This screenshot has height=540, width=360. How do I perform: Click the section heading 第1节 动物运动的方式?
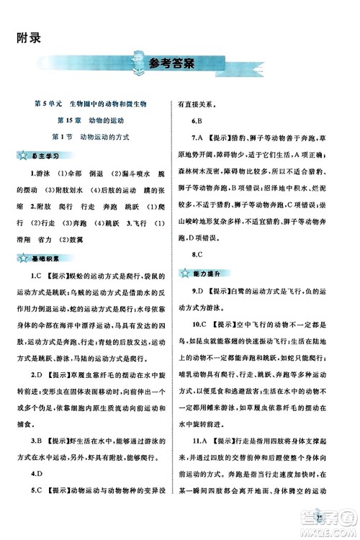pyautogui.click(x=90, y=136)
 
